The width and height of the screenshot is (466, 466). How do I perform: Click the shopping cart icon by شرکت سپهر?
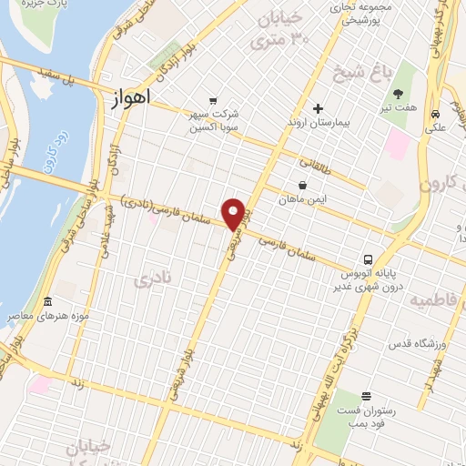tap(213, 100)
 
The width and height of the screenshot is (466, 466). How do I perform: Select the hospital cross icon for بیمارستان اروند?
tap(317, 109)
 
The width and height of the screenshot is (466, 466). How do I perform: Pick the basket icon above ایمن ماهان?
tap(301, 184)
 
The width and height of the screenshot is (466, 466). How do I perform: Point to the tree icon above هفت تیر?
tap(398, 93)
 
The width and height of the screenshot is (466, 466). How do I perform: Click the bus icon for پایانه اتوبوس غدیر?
tap(369, 259)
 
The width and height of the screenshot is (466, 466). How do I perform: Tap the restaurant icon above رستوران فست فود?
tap(365, 396)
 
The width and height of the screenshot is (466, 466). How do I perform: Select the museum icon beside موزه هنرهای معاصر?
tap(47, 301)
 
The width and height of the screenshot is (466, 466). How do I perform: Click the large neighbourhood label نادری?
tap(152, 279)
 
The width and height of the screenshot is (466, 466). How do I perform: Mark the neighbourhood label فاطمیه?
tap(436, 299)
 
